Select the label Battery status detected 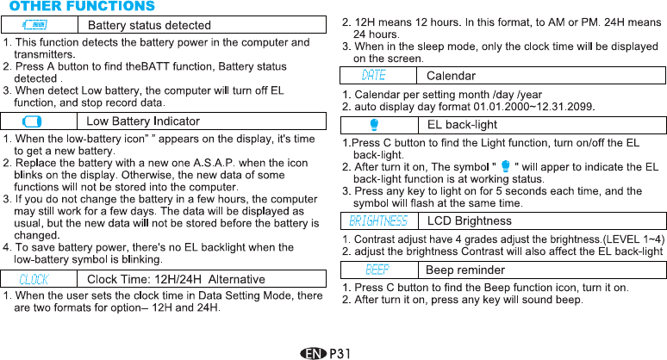pyautogui.click(x=150, y=25)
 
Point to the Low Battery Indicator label pyautogui.click(x=143, y=121)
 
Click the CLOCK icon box pyautogui.click(x=34, y=279)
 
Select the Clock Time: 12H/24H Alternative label pyautogui.click(x=176, y=279)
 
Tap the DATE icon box pyautogui.click(x=373, y=77)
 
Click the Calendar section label pyautogui.click(x=450, y=77)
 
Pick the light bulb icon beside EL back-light pyautogui.click(x=374, y=126)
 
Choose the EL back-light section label pyautogui.click(x=462, y=126)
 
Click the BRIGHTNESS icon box pyautogui.click(x=378, y=221)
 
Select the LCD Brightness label pyautogui.click(x=470, y=221)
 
